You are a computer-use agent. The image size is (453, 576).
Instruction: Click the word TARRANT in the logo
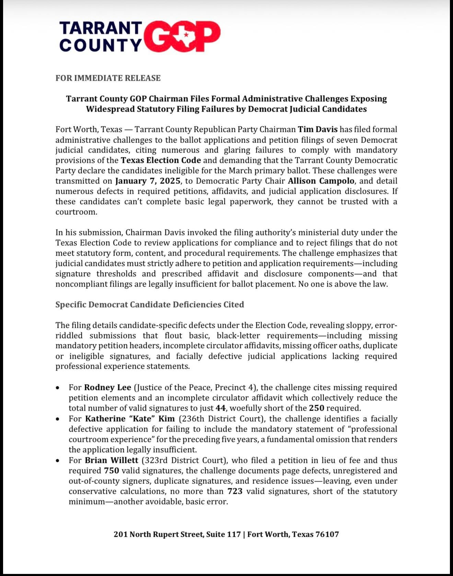101,28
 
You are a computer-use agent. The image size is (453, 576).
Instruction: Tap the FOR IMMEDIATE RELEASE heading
108,78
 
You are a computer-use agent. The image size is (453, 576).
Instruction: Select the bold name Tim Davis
318,130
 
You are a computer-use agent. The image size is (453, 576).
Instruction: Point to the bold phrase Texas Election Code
161,160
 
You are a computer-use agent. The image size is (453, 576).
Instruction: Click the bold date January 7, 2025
148,181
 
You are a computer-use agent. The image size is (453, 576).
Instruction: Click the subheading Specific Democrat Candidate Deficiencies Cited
150,305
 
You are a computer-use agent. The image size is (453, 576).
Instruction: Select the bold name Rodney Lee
108,387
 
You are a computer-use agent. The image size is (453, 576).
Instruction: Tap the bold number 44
220,408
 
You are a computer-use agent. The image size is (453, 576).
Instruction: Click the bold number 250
316,408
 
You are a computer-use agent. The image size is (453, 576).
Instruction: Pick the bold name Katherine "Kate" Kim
130,419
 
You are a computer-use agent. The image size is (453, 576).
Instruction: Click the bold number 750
111,470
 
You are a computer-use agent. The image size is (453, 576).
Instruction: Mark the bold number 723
235,491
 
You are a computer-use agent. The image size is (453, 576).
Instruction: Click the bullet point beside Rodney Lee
59,388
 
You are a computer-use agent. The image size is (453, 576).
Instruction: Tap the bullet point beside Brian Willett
59,461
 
